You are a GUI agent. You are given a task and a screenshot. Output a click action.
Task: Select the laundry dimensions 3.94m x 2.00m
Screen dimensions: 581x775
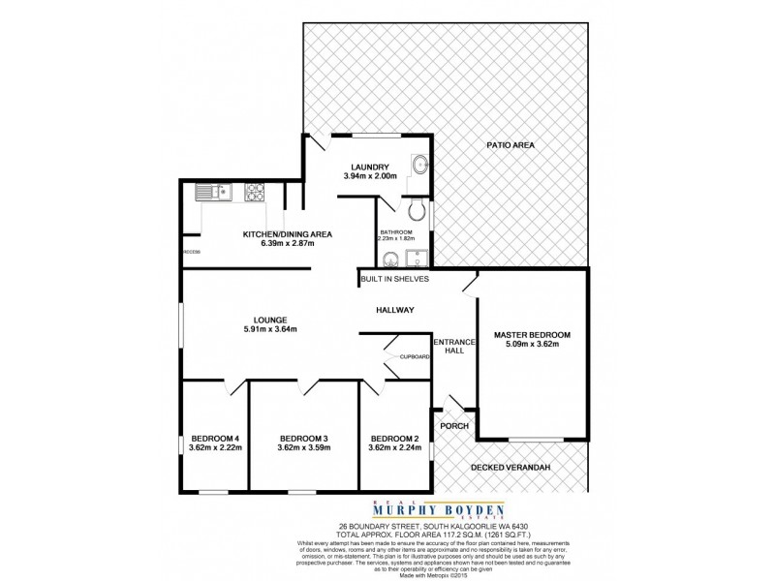369,176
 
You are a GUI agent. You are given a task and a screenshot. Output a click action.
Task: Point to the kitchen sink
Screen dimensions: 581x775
210,191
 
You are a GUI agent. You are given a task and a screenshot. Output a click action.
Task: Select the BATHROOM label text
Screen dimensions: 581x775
395,232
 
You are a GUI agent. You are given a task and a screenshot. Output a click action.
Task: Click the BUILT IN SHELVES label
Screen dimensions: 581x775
394,279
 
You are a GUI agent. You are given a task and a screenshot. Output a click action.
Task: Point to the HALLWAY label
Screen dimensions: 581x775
395,310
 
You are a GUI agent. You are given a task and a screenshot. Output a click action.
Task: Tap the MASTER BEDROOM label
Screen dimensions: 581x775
532,335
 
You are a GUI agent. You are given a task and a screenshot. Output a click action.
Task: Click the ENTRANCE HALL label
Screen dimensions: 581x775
453,346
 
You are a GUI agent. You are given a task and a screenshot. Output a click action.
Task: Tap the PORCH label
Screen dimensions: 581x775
454,426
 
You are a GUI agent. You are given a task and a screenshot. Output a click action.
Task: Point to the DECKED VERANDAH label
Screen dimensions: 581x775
511,469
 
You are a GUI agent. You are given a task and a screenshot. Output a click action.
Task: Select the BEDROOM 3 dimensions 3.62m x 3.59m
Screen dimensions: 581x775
303,447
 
